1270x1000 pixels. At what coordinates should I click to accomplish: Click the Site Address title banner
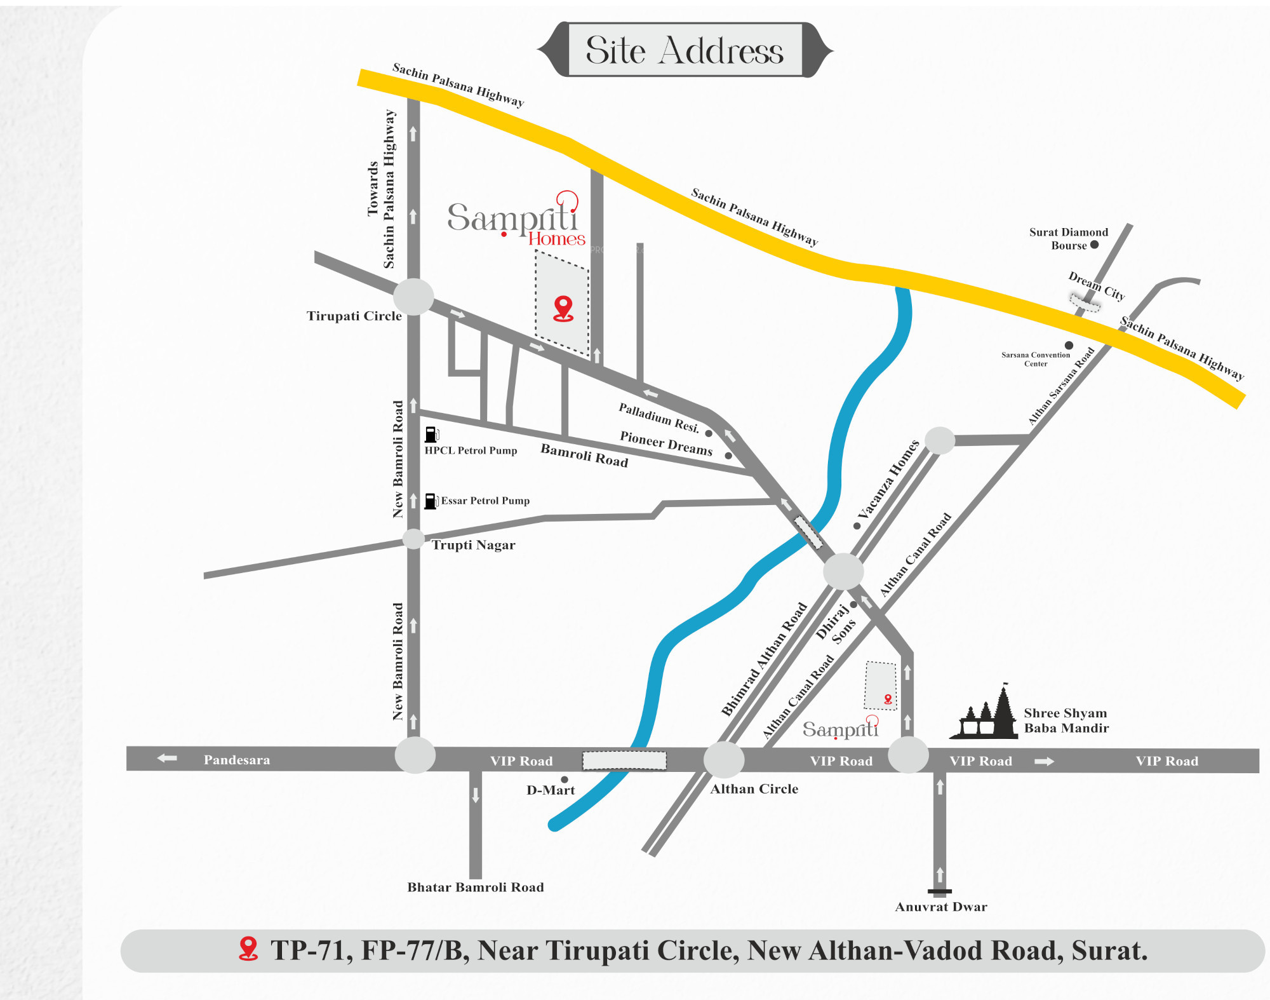tap(685, 50)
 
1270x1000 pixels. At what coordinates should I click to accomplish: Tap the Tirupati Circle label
tap(354, 316)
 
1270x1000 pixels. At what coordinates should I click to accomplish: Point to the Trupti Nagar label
tap(473, 544)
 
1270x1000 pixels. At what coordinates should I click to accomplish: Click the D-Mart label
tap(551, 790)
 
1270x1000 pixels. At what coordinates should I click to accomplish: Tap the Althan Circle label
tap(754, 788)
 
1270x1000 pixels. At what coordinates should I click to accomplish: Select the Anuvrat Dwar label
tap(940, 907)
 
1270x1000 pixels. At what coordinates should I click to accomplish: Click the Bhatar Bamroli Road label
tap(476, 887)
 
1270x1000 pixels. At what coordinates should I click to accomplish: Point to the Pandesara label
tap(237, 760)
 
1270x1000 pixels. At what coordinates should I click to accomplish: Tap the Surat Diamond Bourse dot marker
tap(1094, 245)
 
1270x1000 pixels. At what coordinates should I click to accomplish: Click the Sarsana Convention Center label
tap(1036, 360)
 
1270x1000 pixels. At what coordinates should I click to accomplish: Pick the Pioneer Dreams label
tap(666, 443)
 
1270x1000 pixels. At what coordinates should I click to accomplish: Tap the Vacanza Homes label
tap(888, 480)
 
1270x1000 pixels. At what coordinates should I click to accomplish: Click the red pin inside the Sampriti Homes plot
tap(563, 308)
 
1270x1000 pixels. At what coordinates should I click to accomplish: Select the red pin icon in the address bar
tap(248, 949)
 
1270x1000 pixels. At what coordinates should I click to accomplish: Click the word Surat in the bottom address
tap(1109, 950)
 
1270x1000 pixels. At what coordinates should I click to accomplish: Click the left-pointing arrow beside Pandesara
tap(167, 758)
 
